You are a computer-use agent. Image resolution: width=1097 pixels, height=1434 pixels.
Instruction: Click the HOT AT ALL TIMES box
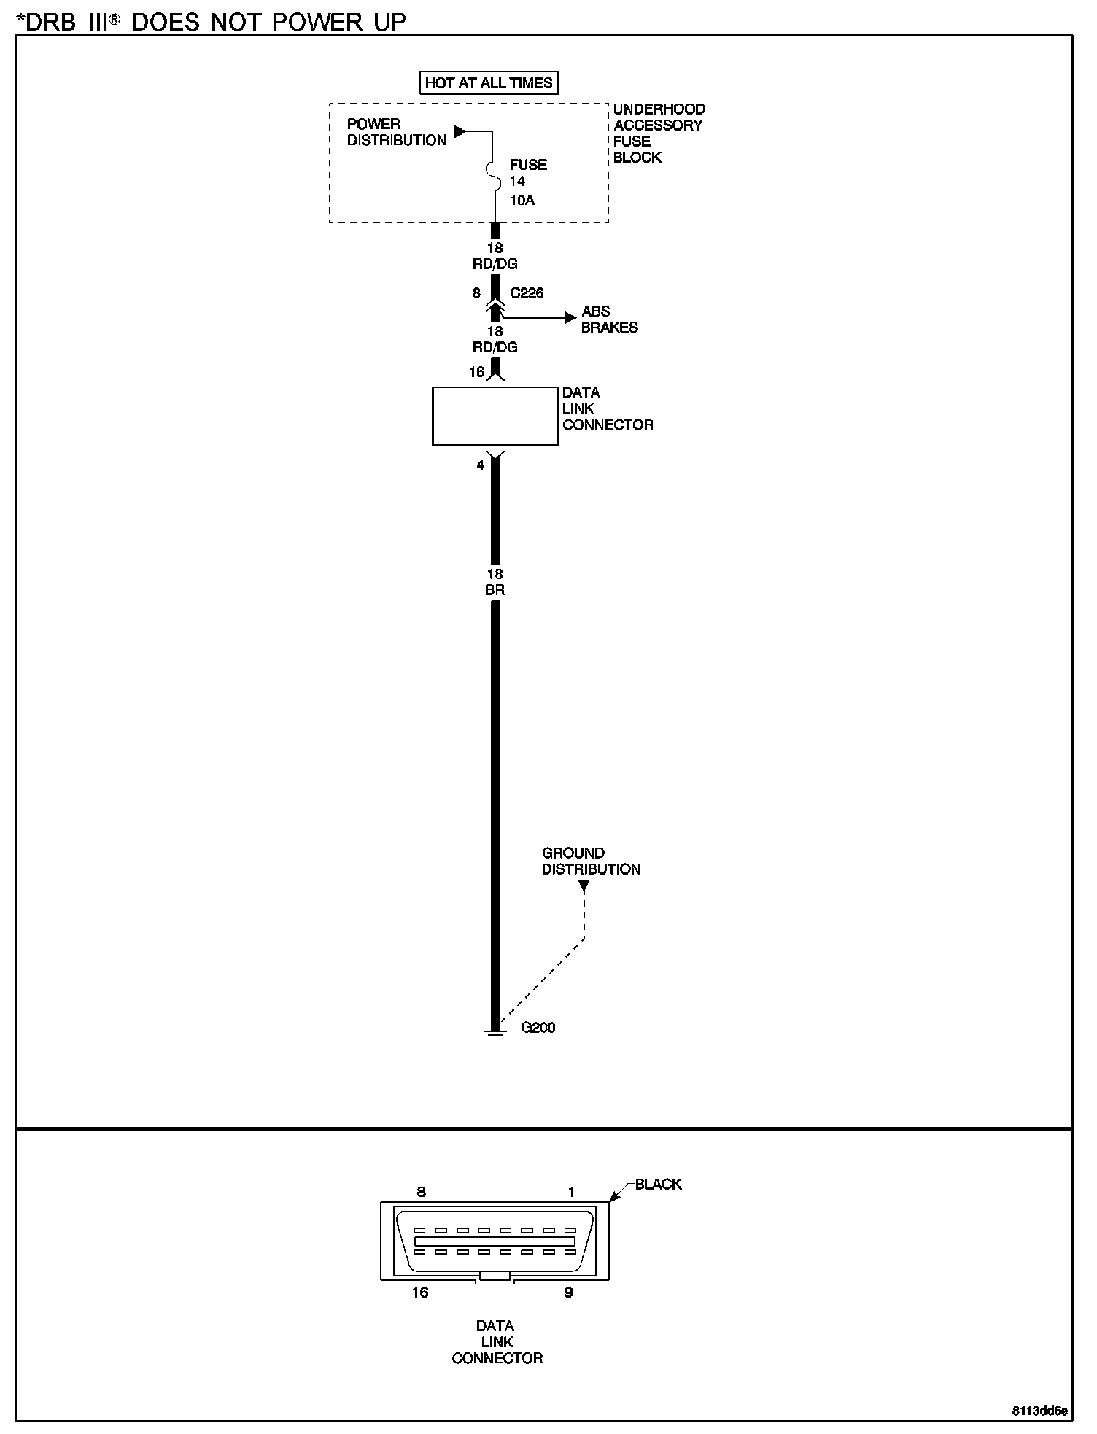point(488,82)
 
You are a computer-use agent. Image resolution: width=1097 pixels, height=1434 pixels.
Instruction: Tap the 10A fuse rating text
point(522,200)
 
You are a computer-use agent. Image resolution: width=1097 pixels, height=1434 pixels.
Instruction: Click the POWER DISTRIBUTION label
point(396,132)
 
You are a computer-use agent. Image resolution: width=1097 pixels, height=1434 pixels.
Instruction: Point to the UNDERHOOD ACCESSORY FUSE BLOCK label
point(659,133)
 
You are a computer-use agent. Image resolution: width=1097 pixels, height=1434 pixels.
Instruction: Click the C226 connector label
point(527,293)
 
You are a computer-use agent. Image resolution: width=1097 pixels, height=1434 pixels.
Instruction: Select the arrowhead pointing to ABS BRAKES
point(570,317)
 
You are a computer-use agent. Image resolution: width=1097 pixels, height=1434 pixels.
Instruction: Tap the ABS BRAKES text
point(609,319)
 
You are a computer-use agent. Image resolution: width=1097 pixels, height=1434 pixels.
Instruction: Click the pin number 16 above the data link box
point(476,372)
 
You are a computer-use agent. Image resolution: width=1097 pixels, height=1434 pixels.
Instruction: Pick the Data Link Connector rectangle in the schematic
point(495,416)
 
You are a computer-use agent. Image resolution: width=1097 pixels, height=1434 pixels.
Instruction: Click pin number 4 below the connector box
point(480,465)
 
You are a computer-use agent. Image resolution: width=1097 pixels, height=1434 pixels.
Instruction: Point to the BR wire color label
point(495,590)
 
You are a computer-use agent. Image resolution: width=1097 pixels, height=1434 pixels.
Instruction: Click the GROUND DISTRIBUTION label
point(591,861)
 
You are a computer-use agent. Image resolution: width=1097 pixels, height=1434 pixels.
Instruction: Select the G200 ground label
point(538,1028)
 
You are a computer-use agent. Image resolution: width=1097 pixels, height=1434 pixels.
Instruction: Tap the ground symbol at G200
point(495,1034)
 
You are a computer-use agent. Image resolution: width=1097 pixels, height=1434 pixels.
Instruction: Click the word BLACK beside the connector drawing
point(658,1185)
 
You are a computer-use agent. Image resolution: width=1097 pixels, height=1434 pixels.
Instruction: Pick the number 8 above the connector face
point(421,1193)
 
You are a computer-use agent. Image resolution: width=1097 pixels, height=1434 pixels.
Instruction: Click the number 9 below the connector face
point(568,1292)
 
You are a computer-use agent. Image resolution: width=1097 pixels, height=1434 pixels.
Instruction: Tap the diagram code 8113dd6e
point(1039,1411)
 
